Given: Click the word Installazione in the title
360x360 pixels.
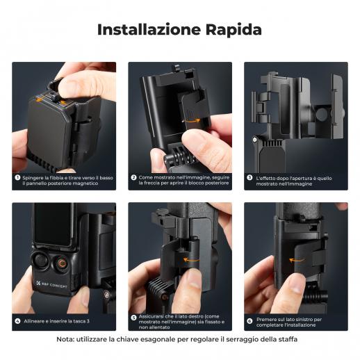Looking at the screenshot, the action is [x=149, y=30].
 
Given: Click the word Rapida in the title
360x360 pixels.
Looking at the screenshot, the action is [x=234, y=30].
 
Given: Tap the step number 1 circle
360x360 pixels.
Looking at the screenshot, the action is [x=17, y=178].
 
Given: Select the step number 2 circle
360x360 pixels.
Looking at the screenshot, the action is [x=133, y=178].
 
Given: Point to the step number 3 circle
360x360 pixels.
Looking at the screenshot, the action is [x=249, y=178].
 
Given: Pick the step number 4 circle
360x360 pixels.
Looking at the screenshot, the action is [x=17, y=321].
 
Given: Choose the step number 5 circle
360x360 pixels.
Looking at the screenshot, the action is [x=133, y=318].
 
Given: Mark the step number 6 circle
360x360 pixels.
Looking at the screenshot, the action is [x=249, y=321].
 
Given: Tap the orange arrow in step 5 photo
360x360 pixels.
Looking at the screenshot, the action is [x=191, y=260].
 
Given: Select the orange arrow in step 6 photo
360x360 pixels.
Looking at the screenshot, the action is [x=297, y=261].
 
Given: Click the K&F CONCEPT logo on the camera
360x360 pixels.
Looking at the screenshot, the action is [x=51, y=285].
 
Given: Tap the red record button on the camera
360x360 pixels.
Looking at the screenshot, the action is [x=62, y=263].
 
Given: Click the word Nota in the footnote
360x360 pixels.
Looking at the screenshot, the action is [x=65, y=339].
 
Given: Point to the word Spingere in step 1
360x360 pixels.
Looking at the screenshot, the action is [x=33, y=178].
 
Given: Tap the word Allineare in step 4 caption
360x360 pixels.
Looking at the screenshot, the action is [x=34, y=321].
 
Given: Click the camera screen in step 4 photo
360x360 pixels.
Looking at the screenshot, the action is [x=53, y=224].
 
